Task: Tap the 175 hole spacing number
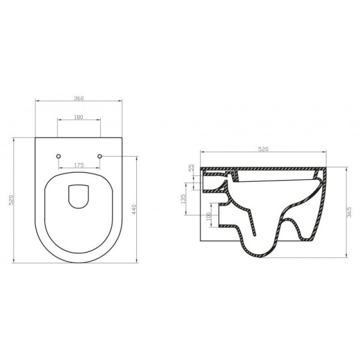click(x=78, y=164)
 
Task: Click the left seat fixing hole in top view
click(x=58, y=157)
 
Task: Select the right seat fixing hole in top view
click(x=100, y=157)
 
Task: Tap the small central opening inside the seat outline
click(x=79, y=196)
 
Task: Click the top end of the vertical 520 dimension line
click(x=16, y=138)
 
